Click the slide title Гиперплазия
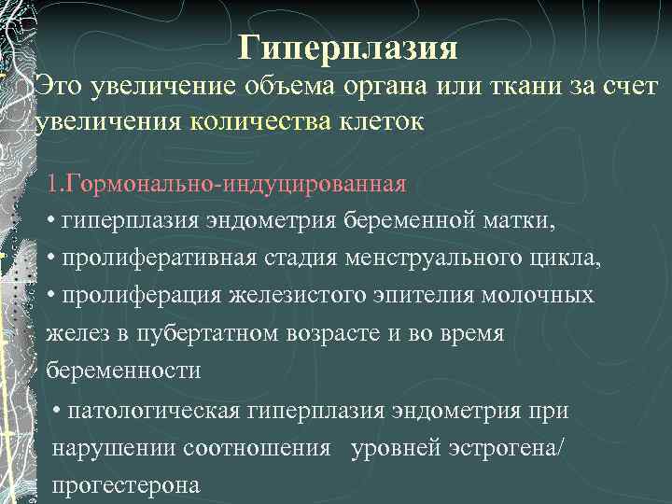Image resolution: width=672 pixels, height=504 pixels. click(x=347, y=45)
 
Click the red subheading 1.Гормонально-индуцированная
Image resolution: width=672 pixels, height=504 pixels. click(x=226, y=183)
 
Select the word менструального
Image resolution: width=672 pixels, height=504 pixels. click(x=427, y=259)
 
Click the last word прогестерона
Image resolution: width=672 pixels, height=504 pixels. click(x=126, y=485)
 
